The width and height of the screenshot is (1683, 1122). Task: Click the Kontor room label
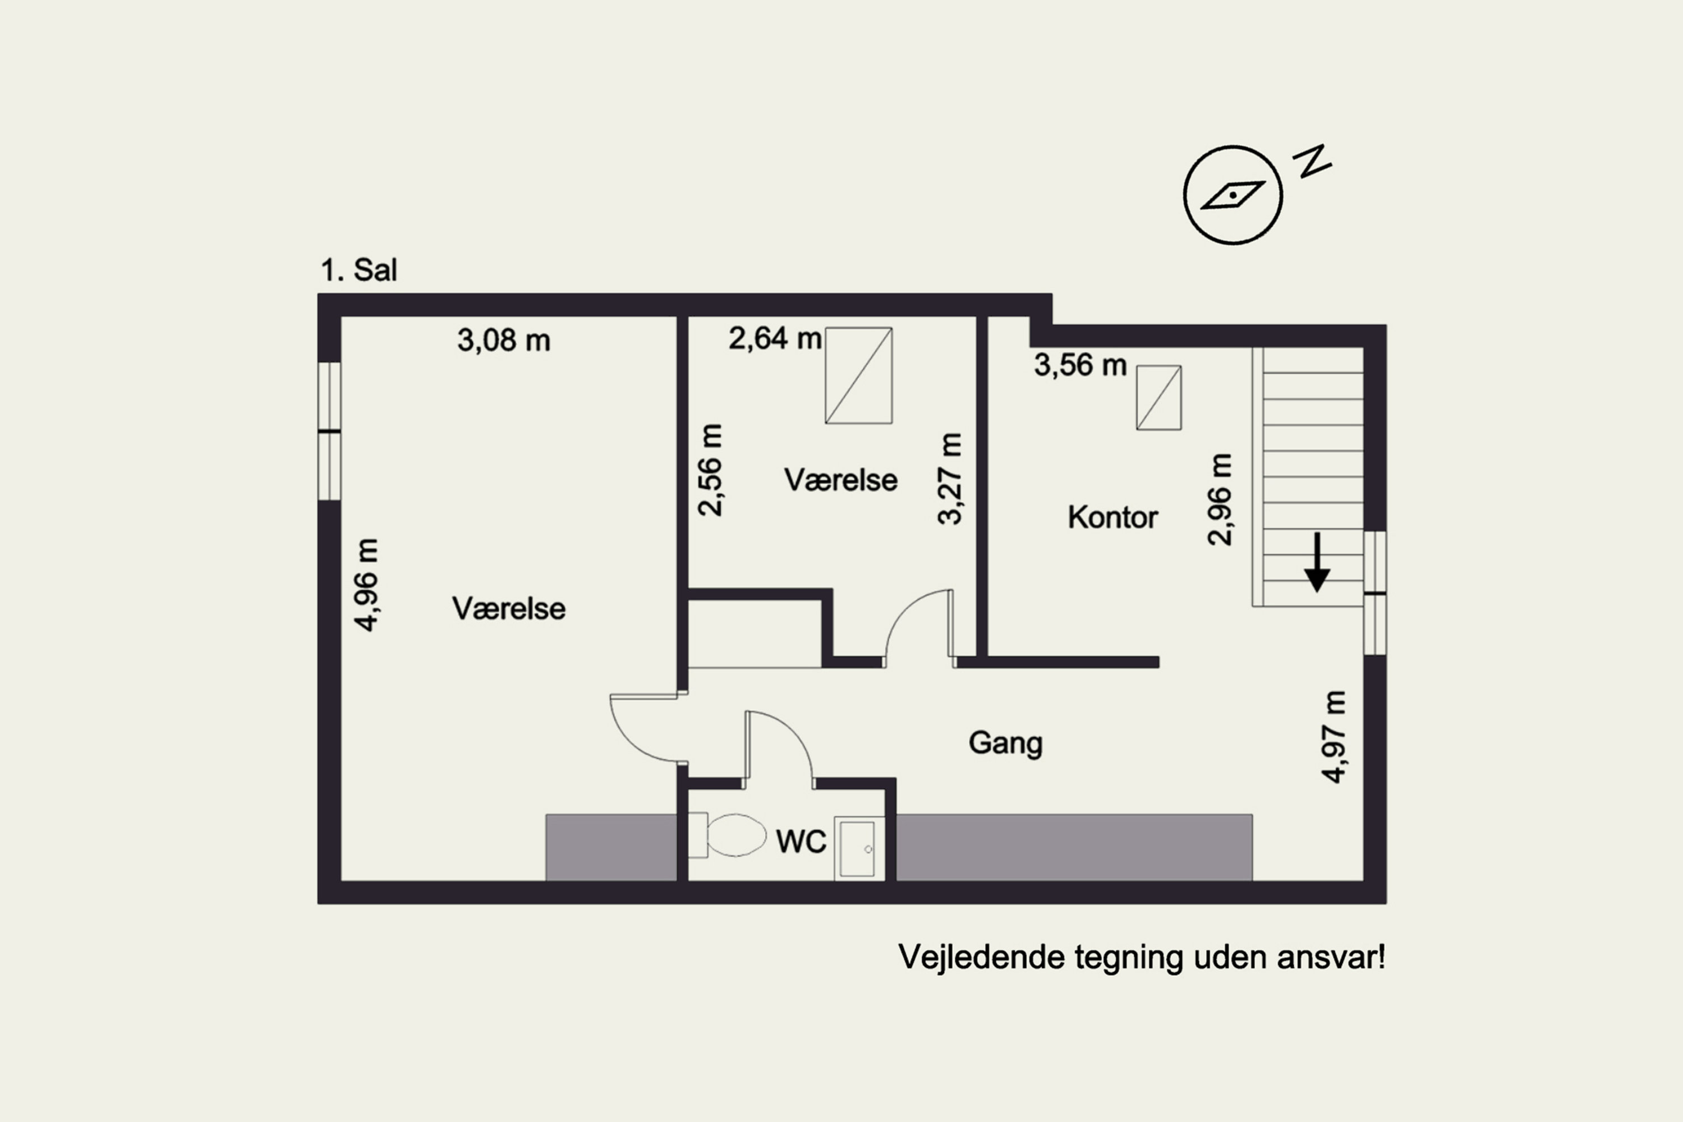point(1112,517)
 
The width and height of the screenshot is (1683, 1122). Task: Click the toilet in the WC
point(727,835)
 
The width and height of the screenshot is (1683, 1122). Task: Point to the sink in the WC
point(859,849)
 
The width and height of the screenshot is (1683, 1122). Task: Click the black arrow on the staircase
point(1317,563)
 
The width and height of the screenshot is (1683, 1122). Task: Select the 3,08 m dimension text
point(504,341)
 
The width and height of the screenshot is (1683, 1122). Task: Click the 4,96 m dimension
point(366,585)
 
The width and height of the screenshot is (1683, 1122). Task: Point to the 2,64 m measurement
point(775,338)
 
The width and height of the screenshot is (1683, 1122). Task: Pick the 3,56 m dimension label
point(1080,366)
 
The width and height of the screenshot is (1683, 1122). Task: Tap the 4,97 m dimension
point(1333,737)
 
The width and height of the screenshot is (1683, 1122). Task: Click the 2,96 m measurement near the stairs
point(1220,499)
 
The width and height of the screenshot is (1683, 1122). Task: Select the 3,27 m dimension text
point(950,479)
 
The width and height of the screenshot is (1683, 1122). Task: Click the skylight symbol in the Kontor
point(1158,398)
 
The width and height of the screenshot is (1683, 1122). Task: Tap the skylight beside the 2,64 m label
point(859,376)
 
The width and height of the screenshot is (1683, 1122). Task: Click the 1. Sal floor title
point(358,270)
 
